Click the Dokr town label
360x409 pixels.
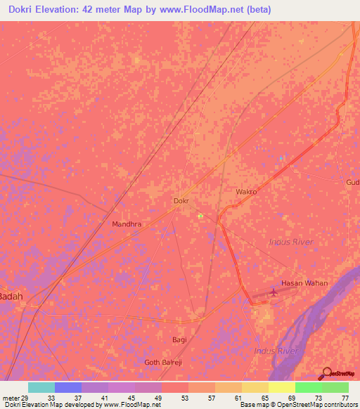pyautogui.click(x=181, y=201)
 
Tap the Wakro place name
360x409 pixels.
pyautogui.click(x=246, y=192)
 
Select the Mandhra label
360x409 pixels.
pyautogui.click(x=127, y=224)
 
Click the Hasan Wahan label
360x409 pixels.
pyautogui.click(x=304, y=283)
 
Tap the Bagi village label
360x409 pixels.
pyautogui.click(x=180, y=339)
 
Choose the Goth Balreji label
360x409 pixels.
pyautogui.click(x=162, y=362)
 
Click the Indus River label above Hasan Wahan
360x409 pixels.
pyautogui.click(x=291, y=242)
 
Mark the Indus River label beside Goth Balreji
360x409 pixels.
pyautogui.click(x=276, y=350)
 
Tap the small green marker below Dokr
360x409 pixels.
pyautogui.click(x=200, y=216)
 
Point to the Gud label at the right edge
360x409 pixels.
pyautogui.click(x=352, y=182)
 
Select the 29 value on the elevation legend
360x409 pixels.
pyautogui.click(x=25, y=397)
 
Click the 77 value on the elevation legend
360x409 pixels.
pyautogui.click(x=345, y=397)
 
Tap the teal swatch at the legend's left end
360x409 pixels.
pyautogui.click(x=41, y=387)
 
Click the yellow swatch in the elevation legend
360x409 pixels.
pyautogui.click(x=281, y=387)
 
